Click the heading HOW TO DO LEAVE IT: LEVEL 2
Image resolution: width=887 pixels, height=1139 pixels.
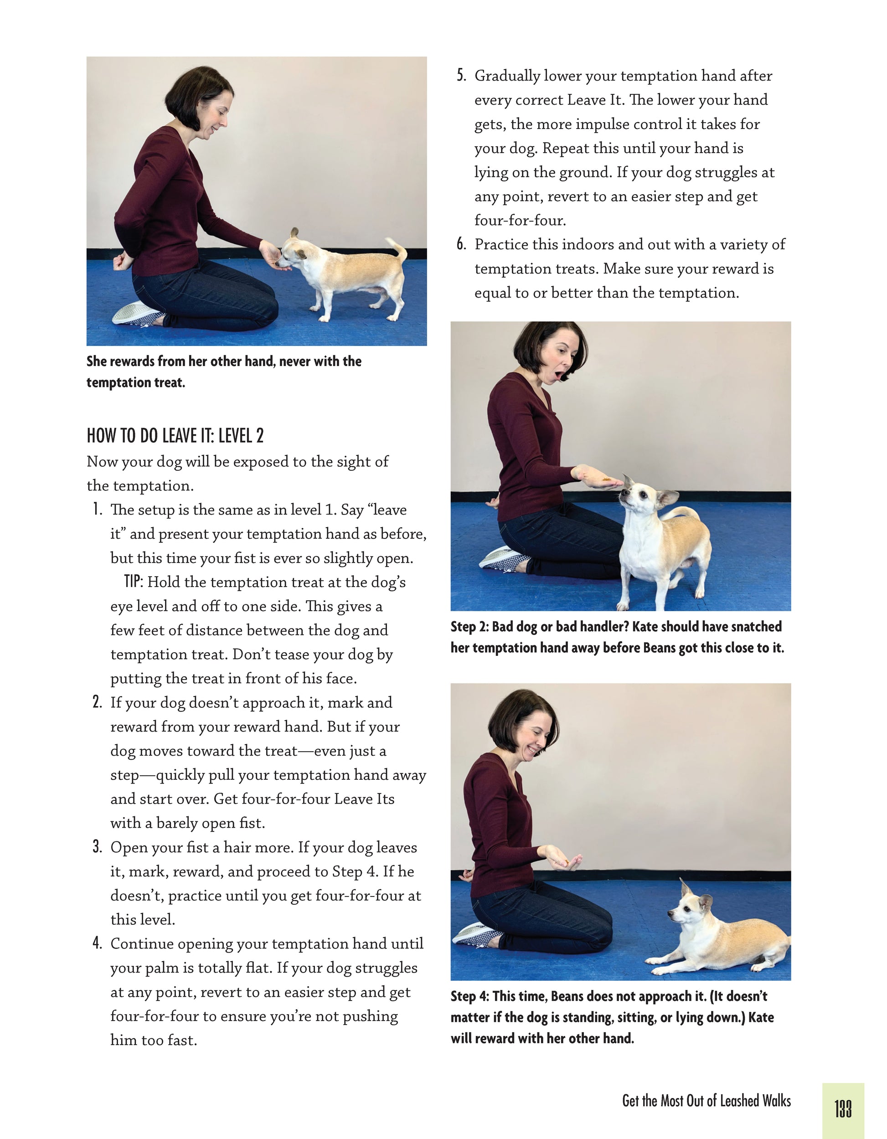[175, 435]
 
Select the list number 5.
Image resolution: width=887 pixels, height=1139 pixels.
[461, 76]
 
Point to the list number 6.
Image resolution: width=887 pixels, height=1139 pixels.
[461, 244]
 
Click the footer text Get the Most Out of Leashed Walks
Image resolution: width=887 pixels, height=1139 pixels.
[706, 1100]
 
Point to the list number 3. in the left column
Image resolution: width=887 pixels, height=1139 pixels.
[97, 846]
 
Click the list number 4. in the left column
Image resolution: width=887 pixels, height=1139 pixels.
[97, 943]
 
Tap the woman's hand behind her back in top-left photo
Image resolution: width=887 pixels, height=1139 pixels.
[123, 261]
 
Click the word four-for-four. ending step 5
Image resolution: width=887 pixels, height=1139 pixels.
[520, 220]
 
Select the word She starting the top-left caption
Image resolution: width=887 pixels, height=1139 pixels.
[97, 361]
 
